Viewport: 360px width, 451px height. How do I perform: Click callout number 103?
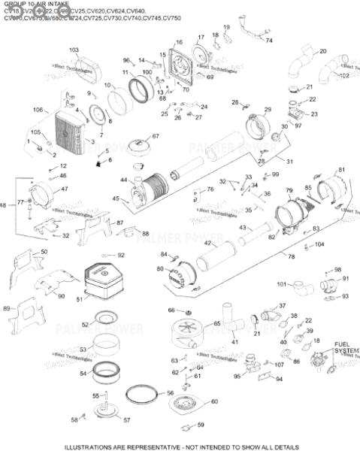(74, 50)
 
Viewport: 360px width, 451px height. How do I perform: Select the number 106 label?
(38, 110)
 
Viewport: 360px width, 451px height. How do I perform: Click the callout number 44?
(123, 180)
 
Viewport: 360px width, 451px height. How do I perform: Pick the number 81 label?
(342, 170)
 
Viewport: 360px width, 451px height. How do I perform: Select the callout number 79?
(288, 192)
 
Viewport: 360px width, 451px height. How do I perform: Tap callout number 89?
(7, 309)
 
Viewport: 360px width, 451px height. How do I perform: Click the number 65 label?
(216, 323)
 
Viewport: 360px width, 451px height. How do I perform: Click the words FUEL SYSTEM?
(346, 347)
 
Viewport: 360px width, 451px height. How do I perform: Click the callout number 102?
(345, 76)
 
